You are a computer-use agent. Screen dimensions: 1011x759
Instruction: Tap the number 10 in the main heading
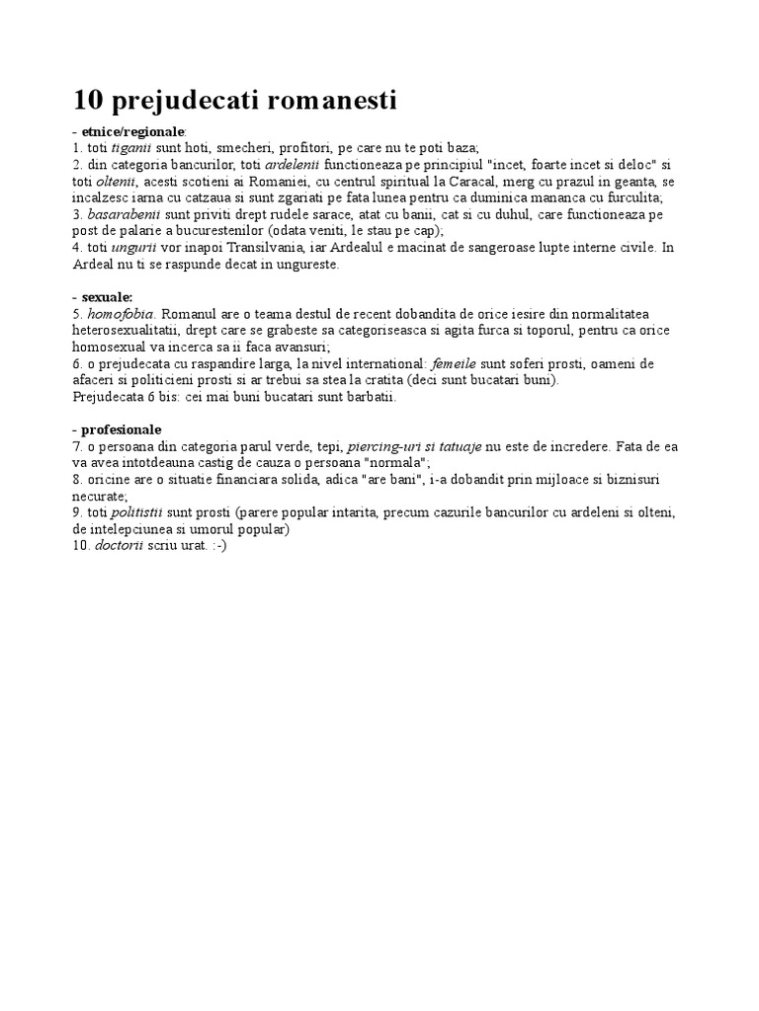pyautogui.click(x=89, y=101)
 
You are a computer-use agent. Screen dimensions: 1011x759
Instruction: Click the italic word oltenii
pyautogui.click(x=115, y=182)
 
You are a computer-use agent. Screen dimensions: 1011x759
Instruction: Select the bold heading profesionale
pyautogui.click(x=123, y=429)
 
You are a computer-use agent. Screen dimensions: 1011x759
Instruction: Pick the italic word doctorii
pyautogui.click(x=124, y=546)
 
